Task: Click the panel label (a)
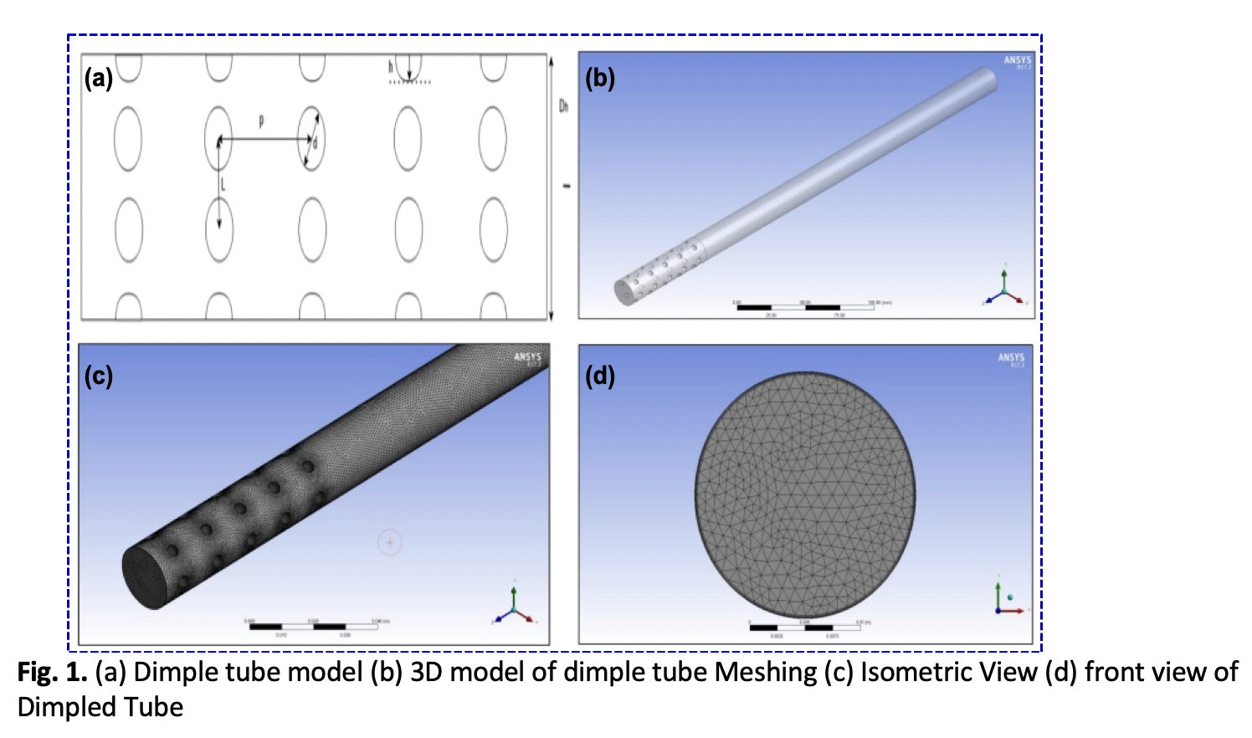pos(98,79)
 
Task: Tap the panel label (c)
pos(98,376)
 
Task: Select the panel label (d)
pos(599,376)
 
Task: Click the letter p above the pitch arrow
pos(261,121)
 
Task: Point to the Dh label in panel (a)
pos(563,106)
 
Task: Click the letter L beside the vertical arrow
pos(223,183)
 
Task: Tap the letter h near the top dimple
pos(390,66)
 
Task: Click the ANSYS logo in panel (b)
pos(1018,61)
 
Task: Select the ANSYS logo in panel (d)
pos(1011,358)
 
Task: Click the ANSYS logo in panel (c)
pos(527,357)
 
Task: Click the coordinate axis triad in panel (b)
pos(1005,290)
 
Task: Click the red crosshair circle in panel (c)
pos(390,542)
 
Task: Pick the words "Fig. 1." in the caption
pos(52,672)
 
